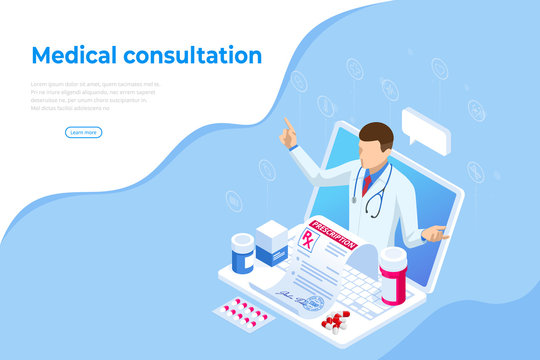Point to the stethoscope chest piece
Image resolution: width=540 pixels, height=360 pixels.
point(372,212)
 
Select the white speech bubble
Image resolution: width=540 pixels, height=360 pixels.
point(425,131)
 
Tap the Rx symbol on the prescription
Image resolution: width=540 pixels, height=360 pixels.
point(307,238)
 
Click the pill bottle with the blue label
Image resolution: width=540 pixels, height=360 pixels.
point(243,254)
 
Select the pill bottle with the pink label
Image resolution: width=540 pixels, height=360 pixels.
point(393,276)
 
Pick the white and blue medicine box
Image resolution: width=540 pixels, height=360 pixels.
point(271,243)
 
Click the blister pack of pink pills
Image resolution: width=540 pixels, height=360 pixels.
point(242,312)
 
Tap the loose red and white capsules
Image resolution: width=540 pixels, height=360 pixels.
point(335,321)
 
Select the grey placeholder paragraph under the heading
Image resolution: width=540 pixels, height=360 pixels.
point(95,95)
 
